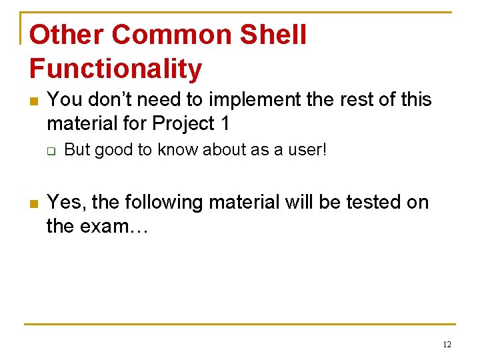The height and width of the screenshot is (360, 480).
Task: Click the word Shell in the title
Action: coord(273,35)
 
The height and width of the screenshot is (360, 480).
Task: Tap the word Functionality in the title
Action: coord(115,69)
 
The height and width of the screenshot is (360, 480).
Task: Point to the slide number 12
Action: coord(446,345)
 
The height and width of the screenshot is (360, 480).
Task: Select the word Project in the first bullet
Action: coord(183,124)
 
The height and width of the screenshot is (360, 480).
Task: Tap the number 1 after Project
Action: coord(225,124)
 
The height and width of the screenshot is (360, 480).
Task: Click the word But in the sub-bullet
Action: coord(77,151)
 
